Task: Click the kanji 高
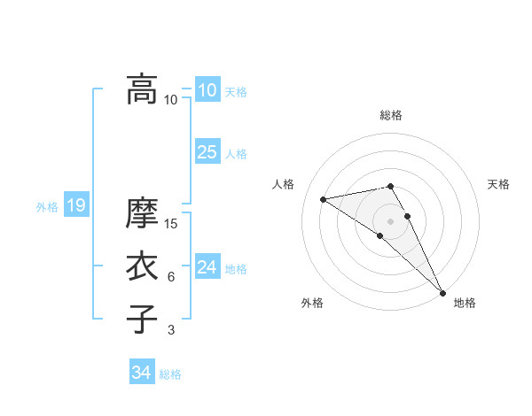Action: (x=142, y=89)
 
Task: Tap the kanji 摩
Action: (x=142, y=213)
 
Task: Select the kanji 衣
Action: (x=142, y=266)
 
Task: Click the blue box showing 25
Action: (x=207, y=152)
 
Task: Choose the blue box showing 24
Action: (x=207, y=267)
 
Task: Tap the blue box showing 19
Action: (x=75, y=206)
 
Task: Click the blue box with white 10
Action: (x=207, y=90)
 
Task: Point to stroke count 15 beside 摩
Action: (x=172, y=224)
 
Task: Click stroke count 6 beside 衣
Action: (x=171, y=277)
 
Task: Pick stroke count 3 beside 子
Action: (x=171, y=330)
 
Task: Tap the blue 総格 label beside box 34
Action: (x=170, y=374)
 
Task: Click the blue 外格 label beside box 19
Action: (x=47, y=207)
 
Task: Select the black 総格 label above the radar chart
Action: (x=391, y=115)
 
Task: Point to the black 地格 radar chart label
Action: (x=465, y=304)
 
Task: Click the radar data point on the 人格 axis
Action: (x=324, y=199)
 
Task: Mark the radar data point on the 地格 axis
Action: (x=442, y=293)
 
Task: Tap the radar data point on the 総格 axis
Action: (x=390, y=186)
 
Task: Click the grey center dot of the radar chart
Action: (x=390, y=220)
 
